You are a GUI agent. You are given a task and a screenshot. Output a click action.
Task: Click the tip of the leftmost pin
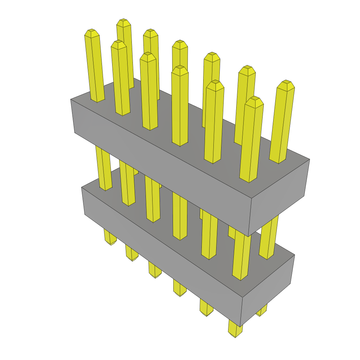pos(91,32)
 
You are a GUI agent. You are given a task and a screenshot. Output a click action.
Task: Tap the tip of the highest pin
pos(124,22)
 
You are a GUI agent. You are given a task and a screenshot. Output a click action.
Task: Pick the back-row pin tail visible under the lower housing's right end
pos(262,310)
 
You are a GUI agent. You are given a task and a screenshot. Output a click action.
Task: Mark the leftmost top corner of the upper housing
pos(71,99)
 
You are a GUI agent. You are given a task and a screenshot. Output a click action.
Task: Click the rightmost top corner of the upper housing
pos(309,159)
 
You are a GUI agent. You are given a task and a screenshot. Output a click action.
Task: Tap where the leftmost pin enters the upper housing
pos(97,100)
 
